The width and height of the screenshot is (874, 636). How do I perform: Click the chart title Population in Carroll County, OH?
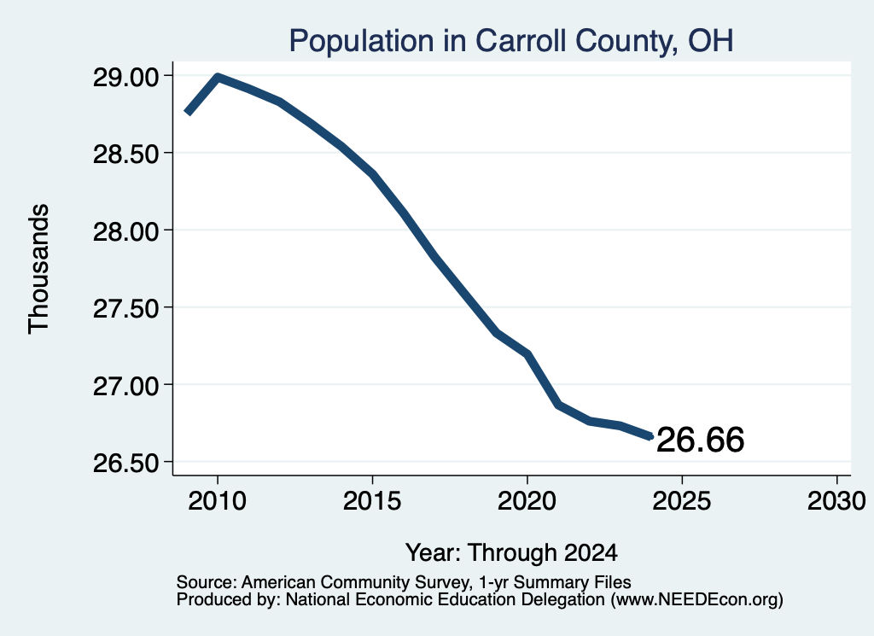pyautogui.click(x=511, y=41)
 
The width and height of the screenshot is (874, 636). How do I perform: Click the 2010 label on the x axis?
pyautogui.click(x=217, y=500)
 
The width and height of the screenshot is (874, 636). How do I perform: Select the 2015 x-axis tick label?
pyautogui.click(x=372, y=500)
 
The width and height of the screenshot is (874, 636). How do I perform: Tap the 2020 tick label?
pyautogui.click(x=527, y=500)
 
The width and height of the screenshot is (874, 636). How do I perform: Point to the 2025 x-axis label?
pyautogui.click(x=682, y=500)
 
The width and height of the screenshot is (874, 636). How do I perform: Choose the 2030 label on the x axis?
pyautogui.click(x=836, y=500)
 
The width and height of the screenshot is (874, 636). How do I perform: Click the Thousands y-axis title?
pyautogui.click(x=38, y=269)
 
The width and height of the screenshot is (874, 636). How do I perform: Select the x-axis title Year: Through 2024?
pyautogui.click(x=511, y=553)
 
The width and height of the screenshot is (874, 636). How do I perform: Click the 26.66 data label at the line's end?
pyautogui.click(x=700, y=440)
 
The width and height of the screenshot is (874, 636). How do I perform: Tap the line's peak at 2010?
pyautogui.click(x=218, y=77)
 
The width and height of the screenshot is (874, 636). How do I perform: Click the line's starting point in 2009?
pyautogui.click(x=189, y=112)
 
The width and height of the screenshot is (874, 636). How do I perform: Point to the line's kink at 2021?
pyautogui.click(x=558, y=405)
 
